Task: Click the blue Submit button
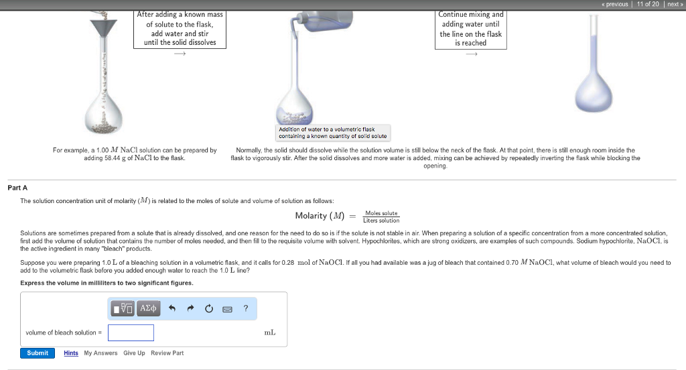(37, 353)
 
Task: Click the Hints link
(71, 353)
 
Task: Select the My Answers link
(100, 353)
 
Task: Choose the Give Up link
(134, 353)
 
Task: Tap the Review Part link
(167, 353)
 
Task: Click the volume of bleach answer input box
(131, 332)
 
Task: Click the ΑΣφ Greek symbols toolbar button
(148, 308)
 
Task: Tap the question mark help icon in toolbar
(246, 308)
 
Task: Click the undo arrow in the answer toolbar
(172, 308)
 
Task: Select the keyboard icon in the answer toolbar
(227, 308)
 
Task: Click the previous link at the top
(614, 4)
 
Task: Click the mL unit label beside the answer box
(269, 332)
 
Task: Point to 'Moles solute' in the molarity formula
(381, 213)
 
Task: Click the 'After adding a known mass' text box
(180, 29)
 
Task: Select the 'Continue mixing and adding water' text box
(470, 29)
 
